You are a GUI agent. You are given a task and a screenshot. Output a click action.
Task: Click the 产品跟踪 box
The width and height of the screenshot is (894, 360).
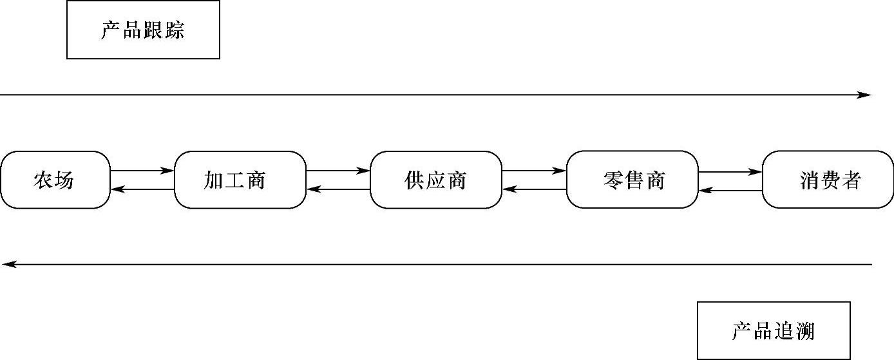coord(143,30)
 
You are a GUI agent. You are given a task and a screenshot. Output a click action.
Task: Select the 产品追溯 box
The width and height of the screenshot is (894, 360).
coord(774,331)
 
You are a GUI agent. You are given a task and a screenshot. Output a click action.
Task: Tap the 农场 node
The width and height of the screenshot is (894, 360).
coord(55,180)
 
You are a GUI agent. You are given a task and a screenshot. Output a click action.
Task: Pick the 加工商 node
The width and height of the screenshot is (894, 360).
coord(240,180)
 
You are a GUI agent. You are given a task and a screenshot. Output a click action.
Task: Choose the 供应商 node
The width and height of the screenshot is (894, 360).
coord(436,180)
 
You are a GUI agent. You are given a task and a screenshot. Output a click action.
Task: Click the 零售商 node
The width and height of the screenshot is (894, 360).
coord(632,180)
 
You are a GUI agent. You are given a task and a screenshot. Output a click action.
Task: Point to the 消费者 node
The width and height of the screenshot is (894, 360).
coord(828,180)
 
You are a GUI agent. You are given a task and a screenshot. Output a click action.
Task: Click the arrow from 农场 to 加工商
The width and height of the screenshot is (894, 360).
coord(142,171)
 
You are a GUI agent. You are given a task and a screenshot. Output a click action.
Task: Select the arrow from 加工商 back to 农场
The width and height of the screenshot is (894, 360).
coord(142,189)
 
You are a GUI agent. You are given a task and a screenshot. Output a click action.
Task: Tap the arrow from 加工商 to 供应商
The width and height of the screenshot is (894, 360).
coord(338,171)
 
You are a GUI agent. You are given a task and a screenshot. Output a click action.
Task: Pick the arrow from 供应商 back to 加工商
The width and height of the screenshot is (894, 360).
coord(338,189)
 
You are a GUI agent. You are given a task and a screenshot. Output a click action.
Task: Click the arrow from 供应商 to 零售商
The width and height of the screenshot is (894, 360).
coord(534,171)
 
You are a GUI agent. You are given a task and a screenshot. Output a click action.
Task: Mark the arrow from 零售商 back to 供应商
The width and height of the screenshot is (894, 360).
coord(534,189)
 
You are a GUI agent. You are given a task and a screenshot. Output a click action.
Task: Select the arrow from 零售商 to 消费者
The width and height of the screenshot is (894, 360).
coord(730,172)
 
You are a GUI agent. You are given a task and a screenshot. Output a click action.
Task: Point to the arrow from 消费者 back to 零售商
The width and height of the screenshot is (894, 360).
coord(730,191)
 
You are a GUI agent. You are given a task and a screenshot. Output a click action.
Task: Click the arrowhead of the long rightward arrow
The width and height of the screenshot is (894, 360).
coord(865,95)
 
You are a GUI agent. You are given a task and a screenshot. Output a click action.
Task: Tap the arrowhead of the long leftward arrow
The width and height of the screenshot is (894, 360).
coord(8,264)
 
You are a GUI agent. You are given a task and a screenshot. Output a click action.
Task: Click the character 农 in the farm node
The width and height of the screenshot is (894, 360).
coord(43,180)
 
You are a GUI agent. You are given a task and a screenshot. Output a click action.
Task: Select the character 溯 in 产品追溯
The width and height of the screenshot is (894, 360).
coord(805,332)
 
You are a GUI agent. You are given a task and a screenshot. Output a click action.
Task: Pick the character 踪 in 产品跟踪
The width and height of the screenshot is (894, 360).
coord(175,30)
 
